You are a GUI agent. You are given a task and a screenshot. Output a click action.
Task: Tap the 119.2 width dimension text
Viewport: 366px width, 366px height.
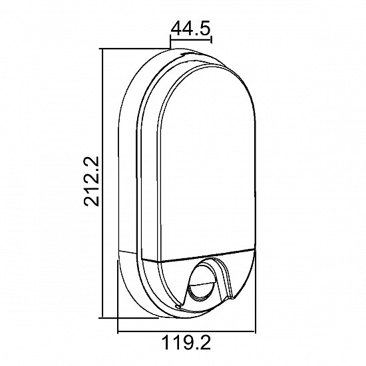point(188,343)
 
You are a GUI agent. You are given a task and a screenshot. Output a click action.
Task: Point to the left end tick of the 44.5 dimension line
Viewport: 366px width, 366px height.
point(172,42)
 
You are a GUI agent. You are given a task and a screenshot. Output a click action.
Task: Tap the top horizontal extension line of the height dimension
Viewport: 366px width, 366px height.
point(133,49)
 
